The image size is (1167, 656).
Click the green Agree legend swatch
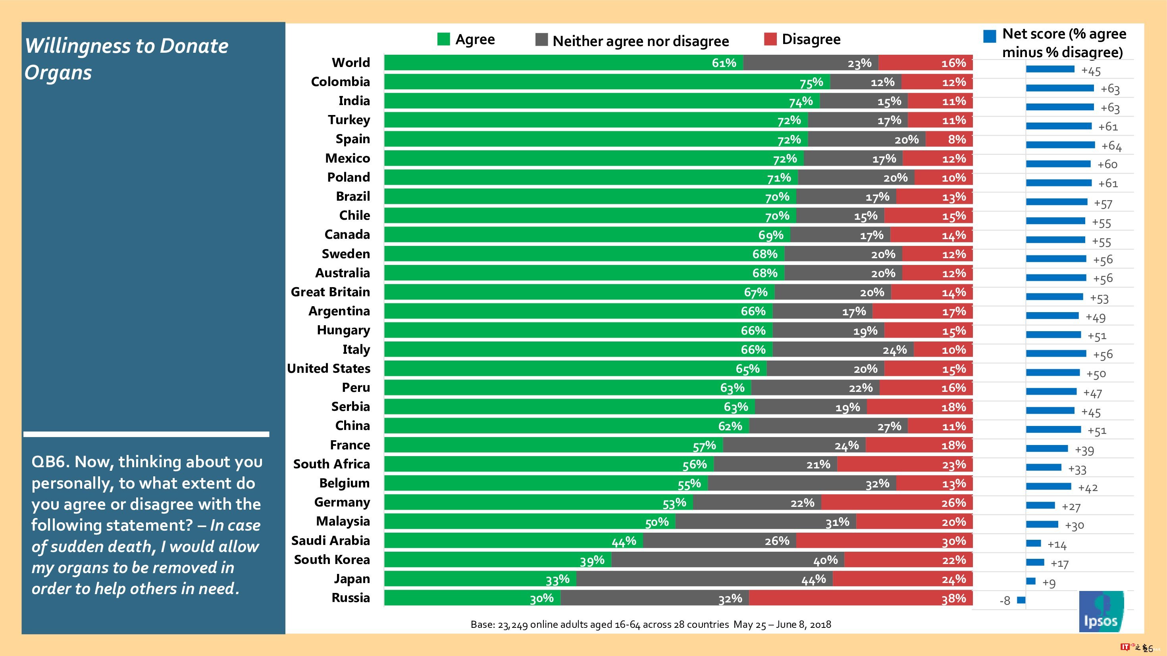point(443,39)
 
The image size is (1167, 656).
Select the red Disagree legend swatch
point(770,39)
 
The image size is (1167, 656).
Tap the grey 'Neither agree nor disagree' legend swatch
point(541,40)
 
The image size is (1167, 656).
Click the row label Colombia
point(340,82)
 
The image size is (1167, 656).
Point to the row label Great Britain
point(330,292)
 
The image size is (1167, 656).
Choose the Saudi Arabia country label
point(330,541)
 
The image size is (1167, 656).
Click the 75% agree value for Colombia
point(811,82)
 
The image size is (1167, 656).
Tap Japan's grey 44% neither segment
point(704,579)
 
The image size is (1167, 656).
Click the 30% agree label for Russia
point(542,598)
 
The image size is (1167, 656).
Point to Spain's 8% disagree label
point(957,140)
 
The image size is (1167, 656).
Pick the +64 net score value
point(1111,146)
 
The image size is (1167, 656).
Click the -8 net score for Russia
point(1005,601)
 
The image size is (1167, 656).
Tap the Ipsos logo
point(1101,612)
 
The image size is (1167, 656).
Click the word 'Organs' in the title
point(58,73)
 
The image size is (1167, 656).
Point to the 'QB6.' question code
point(49,462)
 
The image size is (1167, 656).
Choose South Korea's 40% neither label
point(825,560)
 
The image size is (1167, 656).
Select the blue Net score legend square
point(990,36)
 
